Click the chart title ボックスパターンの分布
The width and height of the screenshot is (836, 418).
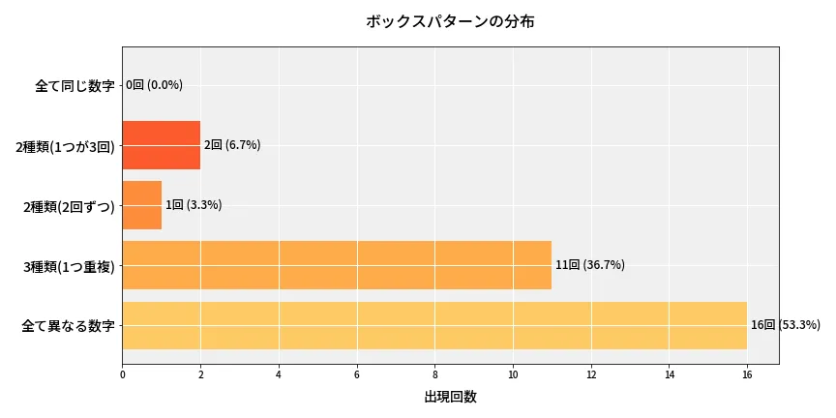(x=450, y=21)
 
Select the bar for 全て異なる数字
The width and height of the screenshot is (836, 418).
(x=434, y=325)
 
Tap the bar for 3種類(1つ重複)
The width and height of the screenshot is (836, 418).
(x=337, y=265)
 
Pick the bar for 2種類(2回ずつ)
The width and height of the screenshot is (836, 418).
(x=142, y=205)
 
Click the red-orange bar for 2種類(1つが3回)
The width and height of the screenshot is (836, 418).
(x=162, y=145)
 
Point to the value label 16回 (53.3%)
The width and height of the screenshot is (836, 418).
(x=786, y=325)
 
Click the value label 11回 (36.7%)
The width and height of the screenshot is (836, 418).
(x=590, y=265)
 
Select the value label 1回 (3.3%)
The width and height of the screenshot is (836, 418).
(x=194, y=205)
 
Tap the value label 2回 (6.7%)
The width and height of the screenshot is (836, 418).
(x=232, y=145)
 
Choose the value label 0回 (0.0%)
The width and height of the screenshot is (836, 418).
(x=155, y=85)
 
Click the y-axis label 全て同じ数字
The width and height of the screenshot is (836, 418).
(x=75, y=86)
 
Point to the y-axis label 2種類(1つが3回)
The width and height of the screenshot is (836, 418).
(x=66, y=146)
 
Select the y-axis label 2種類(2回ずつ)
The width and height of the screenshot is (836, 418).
(x=69, y=206)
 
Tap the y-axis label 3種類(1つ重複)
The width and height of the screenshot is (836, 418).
(x=69, y=266)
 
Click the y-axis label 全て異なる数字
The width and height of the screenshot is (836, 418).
(x=68, y=326)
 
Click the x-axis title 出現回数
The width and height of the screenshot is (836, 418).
(x=450, y=397)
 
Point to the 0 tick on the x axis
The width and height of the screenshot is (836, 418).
(x=123, y=373)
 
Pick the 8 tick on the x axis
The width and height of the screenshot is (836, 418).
(x=434, y=373)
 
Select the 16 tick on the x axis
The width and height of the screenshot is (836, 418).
(x=746, y=373)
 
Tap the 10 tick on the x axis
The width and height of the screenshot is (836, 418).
(x=513, y=373)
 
